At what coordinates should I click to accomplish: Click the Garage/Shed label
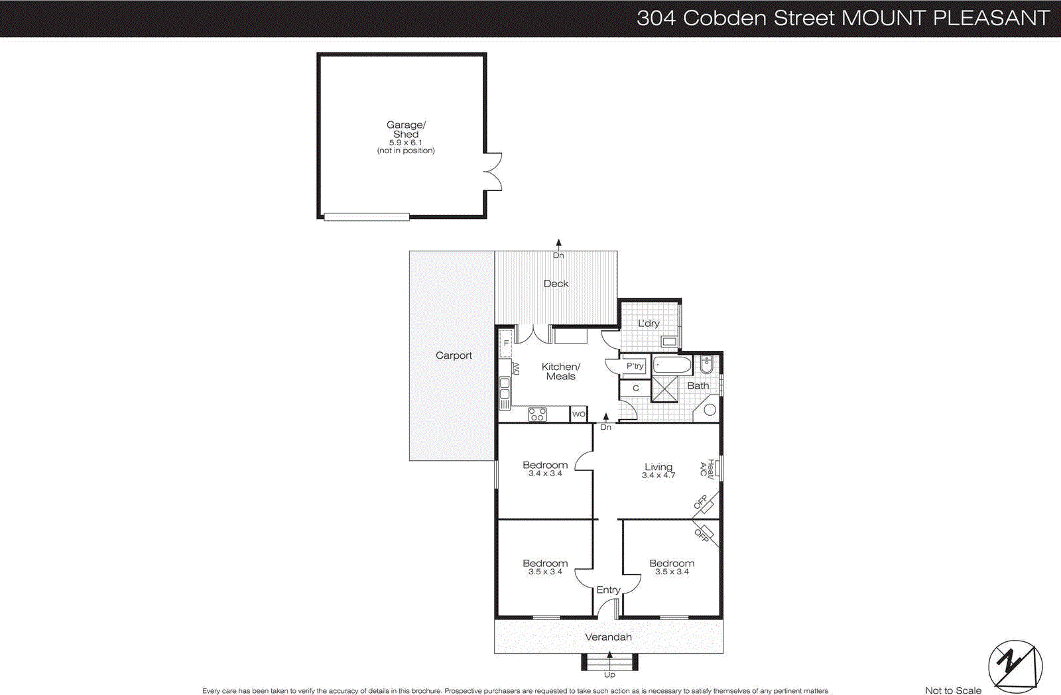(x=406, y=129)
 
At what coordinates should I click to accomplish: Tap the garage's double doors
(x=492, y=172)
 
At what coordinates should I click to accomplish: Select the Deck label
(x=556, y=283)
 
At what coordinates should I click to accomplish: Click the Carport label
(x=454, y=355)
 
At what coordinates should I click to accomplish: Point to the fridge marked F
(x=506, y=344)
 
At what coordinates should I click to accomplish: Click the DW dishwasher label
(x=516, y=369)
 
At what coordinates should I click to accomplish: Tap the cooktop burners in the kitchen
(x=537, y=414)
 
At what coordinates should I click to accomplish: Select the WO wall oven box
(x=579, y=414)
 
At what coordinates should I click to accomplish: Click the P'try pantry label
(x=635, y=366)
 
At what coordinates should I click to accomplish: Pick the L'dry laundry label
(x=649, y=324)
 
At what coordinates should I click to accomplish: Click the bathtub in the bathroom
(x=672, y=365)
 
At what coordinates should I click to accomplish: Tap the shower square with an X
(x=665, y=389)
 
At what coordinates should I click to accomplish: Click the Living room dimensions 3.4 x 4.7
(x=658, y=475)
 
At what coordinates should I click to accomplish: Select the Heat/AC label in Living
(x=707, y=469)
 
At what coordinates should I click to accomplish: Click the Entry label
(x=608, y=590)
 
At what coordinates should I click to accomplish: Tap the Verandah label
(x=608, y=637)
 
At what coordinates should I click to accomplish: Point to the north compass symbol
(x=1015, y=666)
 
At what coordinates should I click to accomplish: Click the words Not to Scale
(x=953, y=690)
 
